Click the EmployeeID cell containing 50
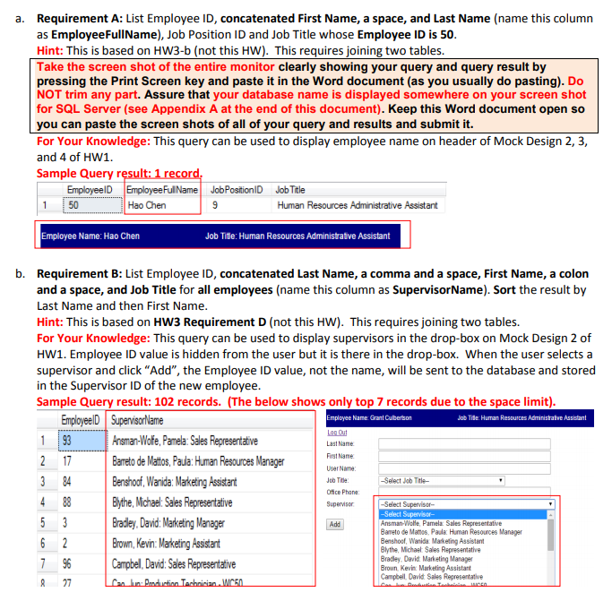73,205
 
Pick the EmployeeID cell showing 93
67,441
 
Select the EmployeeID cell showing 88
67,502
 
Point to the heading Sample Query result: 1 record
120,174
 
